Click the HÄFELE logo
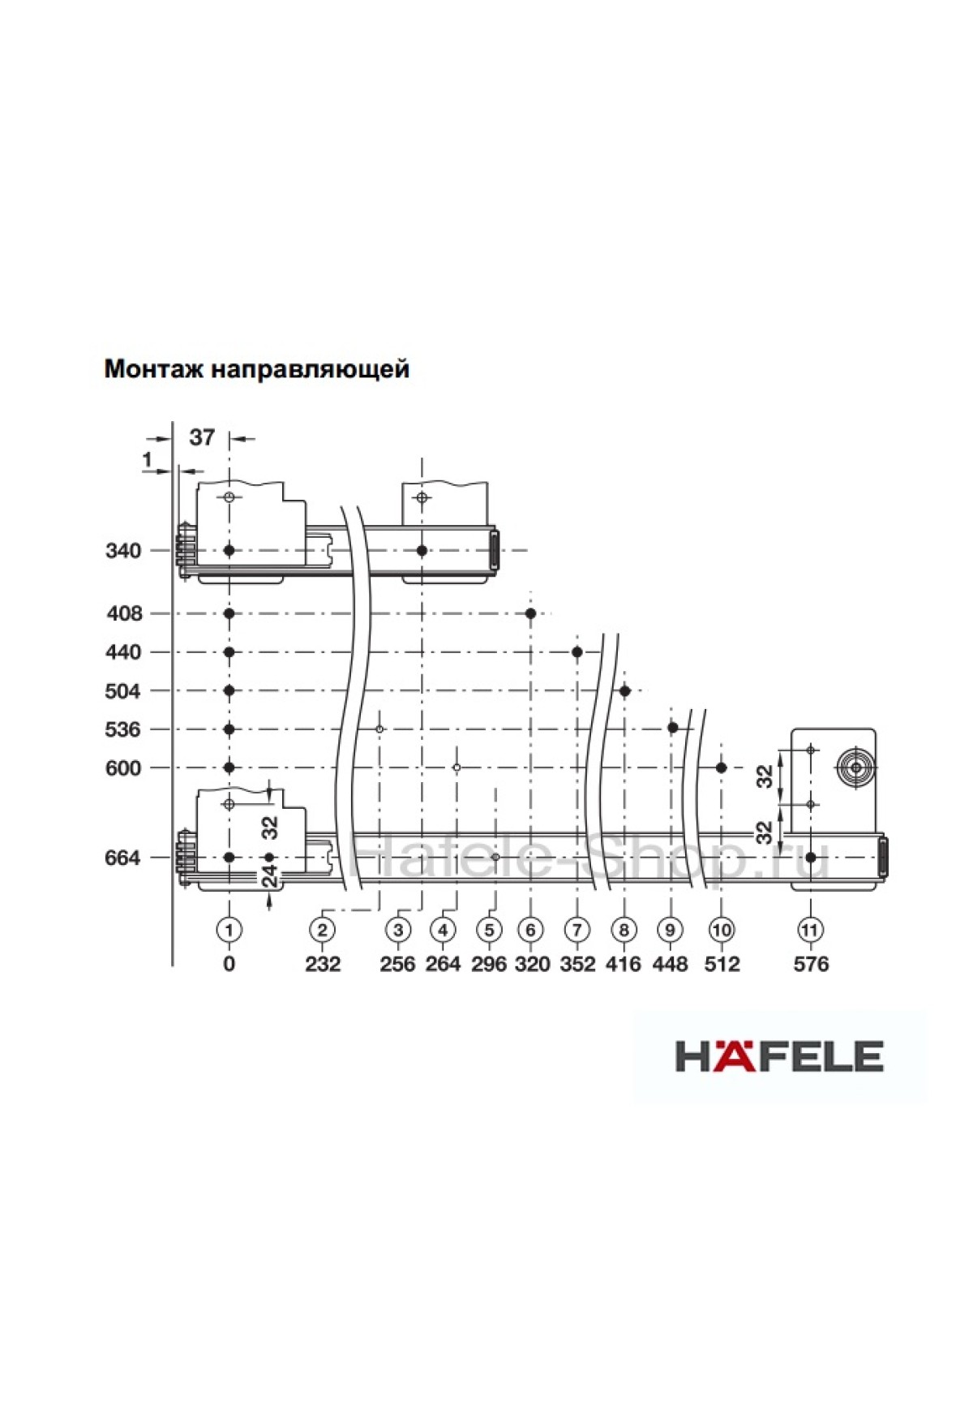[779, 1056]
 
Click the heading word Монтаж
[154, 369]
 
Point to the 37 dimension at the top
[202, 437]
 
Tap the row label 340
[123, 551]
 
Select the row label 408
[124, 613]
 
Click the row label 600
[123, 768]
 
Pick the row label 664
[123, 858]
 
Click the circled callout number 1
[229, 929]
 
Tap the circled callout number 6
[531, 929]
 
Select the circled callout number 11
[810, 929]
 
